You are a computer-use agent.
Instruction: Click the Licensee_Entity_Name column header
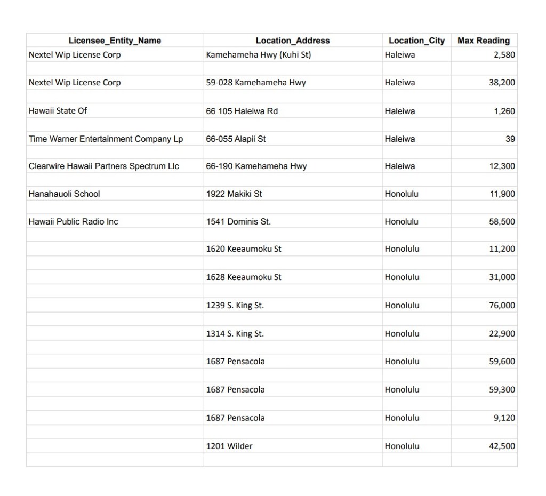(115, 41)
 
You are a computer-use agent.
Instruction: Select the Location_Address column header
(293, 41)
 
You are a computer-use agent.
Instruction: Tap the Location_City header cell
(416, 41)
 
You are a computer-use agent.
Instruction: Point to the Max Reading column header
(484, 41)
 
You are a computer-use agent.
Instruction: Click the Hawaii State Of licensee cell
(58, 111)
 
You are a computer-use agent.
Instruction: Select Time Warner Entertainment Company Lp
(106, 139)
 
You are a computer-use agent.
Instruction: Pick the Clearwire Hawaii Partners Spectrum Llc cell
(104, 166)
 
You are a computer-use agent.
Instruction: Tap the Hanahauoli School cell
(64, 194)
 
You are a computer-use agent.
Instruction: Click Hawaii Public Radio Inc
(74, 222)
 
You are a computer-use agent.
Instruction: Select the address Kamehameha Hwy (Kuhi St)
(259, 55)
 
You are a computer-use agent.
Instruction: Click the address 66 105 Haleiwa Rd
(242, 111)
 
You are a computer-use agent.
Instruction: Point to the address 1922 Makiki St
(234, 194)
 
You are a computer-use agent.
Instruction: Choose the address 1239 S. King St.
(235, 306)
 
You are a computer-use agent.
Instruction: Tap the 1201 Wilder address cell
(229, 446)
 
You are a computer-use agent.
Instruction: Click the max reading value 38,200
(502, 83)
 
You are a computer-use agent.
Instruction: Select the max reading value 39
(510, 139)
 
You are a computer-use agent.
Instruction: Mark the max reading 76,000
(502, 306)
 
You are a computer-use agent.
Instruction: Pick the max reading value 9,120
(504, 418)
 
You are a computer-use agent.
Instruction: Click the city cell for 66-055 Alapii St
(400, 139)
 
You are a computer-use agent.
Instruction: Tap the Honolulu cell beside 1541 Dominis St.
(402, 222)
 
